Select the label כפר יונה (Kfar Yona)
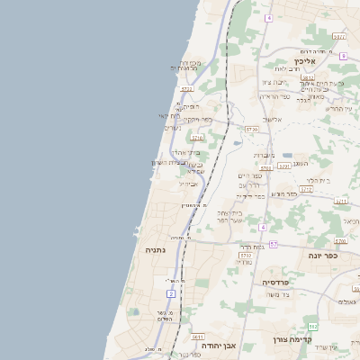coord(339,256)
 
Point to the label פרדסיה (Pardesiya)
coord(275,282)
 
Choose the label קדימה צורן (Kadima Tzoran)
coord(292,340)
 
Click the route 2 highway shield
coord(171,293)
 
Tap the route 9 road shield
coord(343,56)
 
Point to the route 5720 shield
coord(251,130)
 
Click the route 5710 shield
coord(196,138)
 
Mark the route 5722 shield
coord(186,89)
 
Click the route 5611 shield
coord(198,337)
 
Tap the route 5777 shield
coord(338,37)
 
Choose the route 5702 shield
coord(246,256)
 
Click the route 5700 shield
coord(284,166)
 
